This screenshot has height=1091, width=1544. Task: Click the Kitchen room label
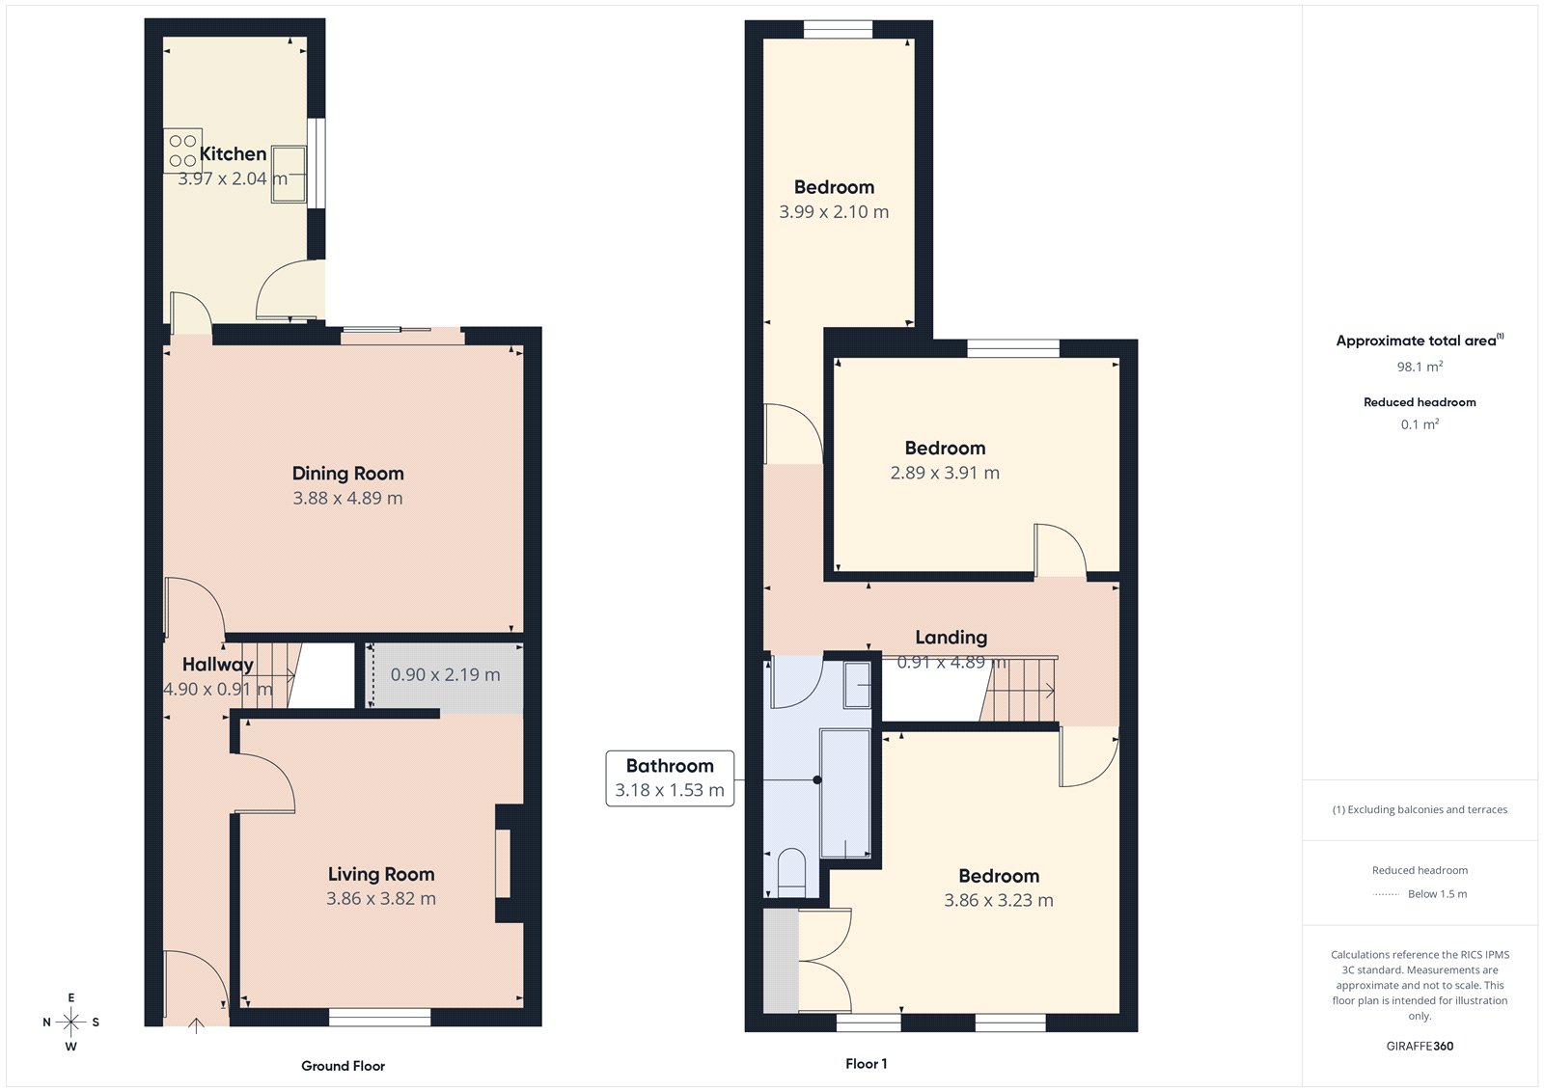pyautogui.click(x=233, y=153)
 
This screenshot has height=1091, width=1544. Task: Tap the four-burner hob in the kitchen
pyautogui.click(x=182, y=150)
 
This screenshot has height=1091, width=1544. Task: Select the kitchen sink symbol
pyautogui.click(x=289, y=174)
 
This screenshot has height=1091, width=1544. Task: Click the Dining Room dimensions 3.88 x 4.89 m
pyautogui.click(x=347, y=498)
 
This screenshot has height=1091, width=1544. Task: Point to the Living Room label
pyautogui.click(x=381, y=874)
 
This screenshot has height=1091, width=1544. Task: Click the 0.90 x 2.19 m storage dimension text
pyautogui.click(x=445, y=674)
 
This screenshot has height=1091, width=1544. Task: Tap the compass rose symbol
pyautogui.click(x=70, y=1022)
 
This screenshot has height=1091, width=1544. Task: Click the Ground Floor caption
pyautogui.click(x=343, y=1066)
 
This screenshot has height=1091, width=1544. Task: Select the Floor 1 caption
pyautogui.click(x=866, y=1063)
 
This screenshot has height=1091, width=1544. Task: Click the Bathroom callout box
pyautogui.click(x=670, y=778)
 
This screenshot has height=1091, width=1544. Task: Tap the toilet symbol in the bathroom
pyautogui.click(x=791, y=868)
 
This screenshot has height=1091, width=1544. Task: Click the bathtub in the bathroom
pyautogui.click(x=844, y=793)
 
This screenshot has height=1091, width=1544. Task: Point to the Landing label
pyautogui.click(x=951, y=637)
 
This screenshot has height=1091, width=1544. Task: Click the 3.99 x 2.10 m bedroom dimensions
pyautogui.click(x=834, y=211)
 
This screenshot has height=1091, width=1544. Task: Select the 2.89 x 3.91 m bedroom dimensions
pyautogui.click(x=945, y=473)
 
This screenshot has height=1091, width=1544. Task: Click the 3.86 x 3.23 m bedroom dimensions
pyautogui.click(x=999, y=900)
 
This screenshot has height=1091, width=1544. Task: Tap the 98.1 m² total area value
pyautogui.click(x=1420, y=367)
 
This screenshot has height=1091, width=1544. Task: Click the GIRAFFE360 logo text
pyautogui.click(x=1420, y=1046)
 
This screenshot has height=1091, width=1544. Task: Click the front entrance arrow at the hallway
pyautogui.click(x=196, y=1024)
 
